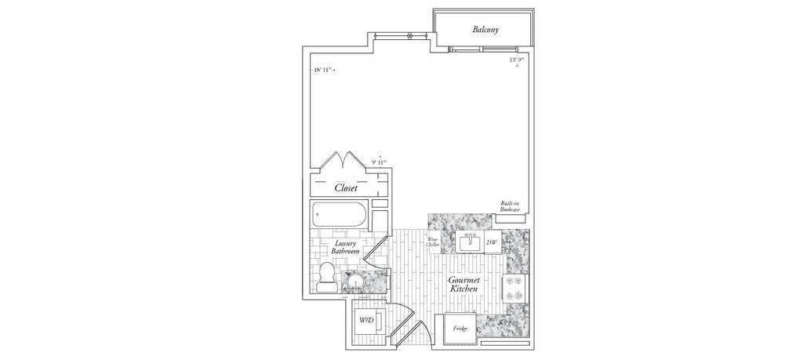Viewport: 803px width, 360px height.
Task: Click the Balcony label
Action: pyautogui.click(x=486, y=30)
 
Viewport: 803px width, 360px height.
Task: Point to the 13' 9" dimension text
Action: pyautogui.click(x=517, y=60)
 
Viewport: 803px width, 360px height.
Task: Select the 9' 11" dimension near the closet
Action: pyautogui.click(x=380, y=163)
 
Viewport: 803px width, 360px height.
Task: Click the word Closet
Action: pyautogui.click(x=346, y=188)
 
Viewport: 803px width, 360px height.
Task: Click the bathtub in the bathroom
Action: pyautogui.click(x=340, y=213)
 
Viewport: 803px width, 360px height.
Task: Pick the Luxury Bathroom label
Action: pyautogui.click(x=346, y=247)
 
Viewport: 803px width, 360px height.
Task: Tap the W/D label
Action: pyautogui.click(x=365, y=321)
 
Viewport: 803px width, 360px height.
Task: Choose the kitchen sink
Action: pyautogui.click(x=471, y=242)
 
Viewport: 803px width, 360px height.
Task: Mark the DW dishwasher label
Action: pyautogui.click(x=492, y=243)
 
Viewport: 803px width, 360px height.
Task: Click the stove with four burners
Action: pyautogui.click(x=515, y=288)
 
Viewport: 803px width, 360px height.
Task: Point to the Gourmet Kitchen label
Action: pyautogui.click(x=464, y=285)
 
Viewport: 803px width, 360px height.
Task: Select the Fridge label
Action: pyautogui.click(x=460, y=328)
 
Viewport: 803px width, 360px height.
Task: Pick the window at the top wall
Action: pyautogui.click(x=401, y=35)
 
